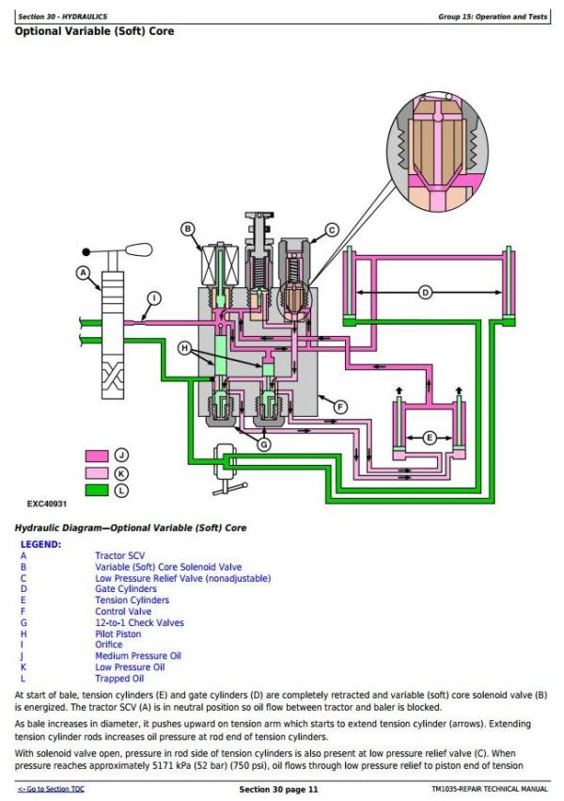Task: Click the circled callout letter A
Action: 83,273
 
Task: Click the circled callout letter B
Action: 188,229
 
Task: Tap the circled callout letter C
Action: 332,231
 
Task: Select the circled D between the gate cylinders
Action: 425,293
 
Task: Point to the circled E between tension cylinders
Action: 430,438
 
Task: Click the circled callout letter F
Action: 340,408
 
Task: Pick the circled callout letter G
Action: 263,444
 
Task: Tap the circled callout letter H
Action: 184,348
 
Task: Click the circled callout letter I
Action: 154,297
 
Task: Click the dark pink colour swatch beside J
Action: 97,456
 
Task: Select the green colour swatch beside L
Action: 97,490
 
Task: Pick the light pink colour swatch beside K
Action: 97,473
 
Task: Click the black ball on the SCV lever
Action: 86,252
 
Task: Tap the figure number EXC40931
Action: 47,504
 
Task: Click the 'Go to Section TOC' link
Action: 51,790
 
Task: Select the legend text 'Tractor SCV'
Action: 119,555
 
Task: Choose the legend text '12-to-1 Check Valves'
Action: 139,623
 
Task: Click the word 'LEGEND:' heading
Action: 40,545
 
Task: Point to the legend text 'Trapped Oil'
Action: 119,679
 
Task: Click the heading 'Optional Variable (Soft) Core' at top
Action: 94,31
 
